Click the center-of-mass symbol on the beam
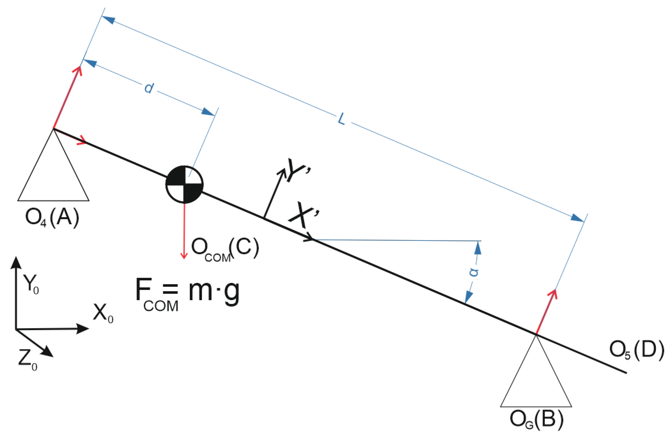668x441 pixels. tap(184, 184)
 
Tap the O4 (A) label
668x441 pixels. tap(52, 218)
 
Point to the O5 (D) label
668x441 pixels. tap(636, 350)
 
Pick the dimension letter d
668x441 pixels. tap(149, 88)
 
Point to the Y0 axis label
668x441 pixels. tap(31, 284)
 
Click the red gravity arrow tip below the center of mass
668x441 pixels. tap(184, 257)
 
